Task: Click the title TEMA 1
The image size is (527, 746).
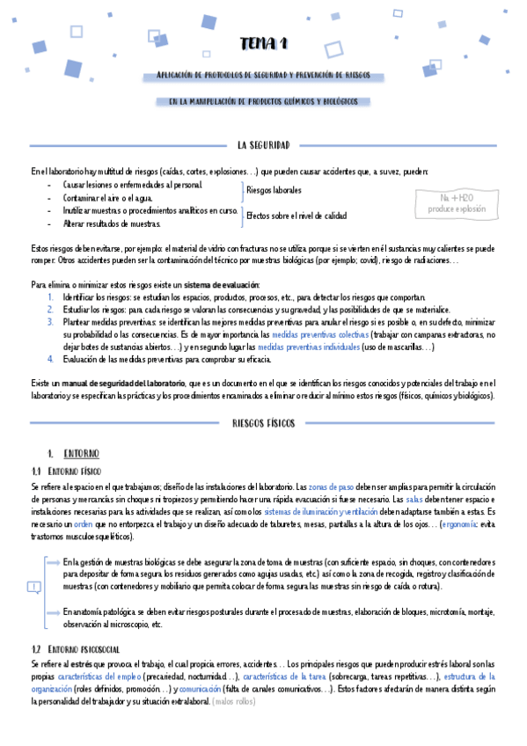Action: [263, 44]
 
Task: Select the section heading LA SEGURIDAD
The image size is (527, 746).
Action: [263, 145]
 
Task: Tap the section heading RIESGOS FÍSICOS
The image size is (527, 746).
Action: [263, 422]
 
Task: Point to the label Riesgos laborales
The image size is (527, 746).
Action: [274, 190]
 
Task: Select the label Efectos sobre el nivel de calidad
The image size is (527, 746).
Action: [296, 216]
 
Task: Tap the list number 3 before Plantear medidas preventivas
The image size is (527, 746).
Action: [51, 323]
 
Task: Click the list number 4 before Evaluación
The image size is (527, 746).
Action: [51, 359]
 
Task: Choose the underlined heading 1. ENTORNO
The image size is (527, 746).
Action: [73, 453]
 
